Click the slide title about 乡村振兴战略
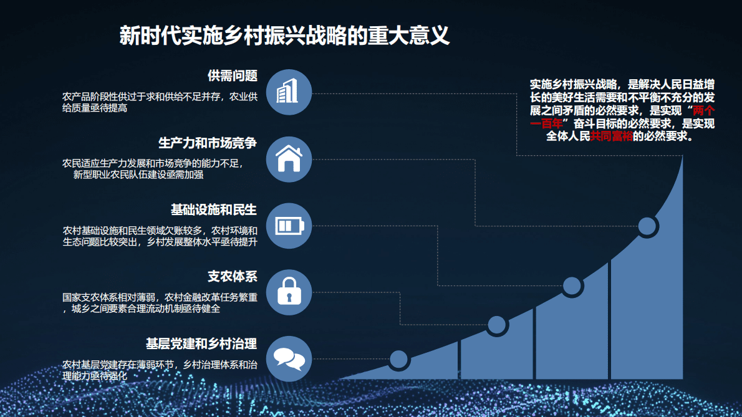[x=284, y=35]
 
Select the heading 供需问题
[x=232, y=76]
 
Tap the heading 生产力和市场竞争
[x=207, y=143]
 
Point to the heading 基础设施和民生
[x=213, y=209]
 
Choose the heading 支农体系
[x=232, y=276]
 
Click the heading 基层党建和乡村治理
[x=201, y=343]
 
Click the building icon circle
[x=289, y=92]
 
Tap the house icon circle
[x=289, y=159]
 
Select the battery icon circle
[x=289, y=225]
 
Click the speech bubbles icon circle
[x=289, y=358]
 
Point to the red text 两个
[x=704, y=110]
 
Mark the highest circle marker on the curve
[x=647, y=226]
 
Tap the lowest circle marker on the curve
[x=399, y=358]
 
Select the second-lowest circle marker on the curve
[x=496, y=325]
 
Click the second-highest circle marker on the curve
[x=572, y=285]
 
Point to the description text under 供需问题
[x=160, y=102]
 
